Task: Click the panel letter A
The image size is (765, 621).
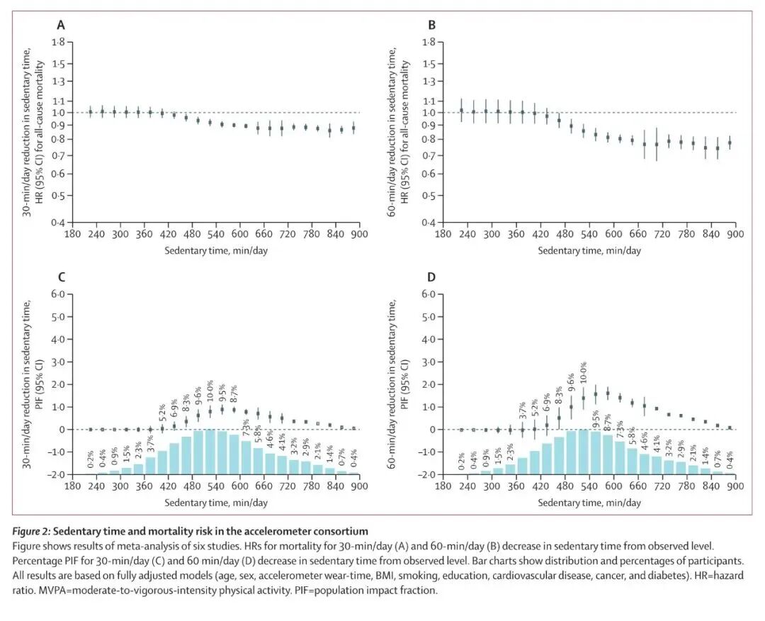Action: [61, 26]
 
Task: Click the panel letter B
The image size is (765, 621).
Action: [432, 26]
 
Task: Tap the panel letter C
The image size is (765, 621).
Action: [61, 277]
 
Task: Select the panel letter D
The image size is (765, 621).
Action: [432, 277]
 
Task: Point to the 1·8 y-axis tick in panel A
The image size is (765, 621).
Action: [59, 43]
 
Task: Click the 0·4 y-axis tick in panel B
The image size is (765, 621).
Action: [429, 223]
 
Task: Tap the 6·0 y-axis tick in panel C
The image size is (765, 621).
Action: [59, 295]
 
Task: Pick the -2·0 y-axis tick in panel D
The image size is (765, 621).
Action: [427, 474]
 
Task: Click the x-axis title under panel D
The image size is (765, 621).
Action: [589, 503]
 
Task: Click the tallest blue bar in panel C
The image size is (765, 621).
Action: [210, 452]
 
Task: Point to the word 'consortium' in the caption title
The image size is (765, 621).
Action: [342, 531]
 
